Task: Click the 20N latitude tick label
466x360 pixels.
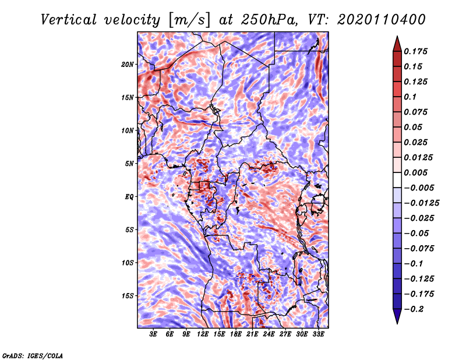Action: pos(128,64)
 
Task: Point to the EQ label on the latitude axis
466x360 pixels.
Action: pos(129,197)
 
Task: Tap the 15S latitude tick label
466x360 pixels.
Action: pos(128,296)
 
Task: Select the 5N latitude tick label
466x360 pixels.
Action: pos(129,164)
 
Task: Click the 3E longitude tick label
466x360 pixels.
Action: pos(154,334)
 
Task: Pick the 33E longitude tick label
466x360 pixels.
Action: pos(318,334)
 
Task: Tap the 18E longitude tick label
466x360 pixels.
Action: pos(236,334)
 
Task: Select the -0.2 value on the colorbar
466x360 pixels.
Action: pos(415,309)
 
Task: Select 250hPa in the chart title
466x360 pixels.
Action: pos(266,19)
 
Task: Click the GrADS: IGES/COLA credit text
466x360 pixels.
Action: pos(32,355)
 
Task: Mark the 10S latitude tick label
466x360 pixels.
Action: pos(128,263)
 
